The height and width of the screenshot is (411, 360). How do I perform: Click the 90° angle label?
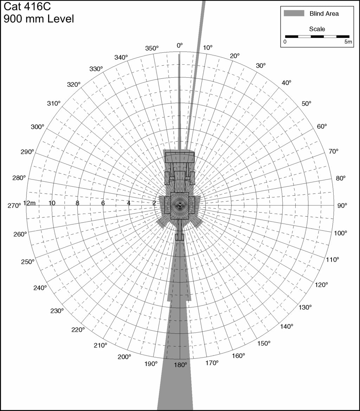[x=342, y=205]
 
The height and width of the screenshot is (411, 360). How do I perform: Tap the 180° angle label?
[x=180, y=365]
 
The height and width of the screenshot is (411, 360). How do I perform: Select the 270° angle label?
[x=14, y=205]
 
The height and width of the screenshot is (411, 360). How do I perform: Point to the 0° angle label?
[x=180, y=46]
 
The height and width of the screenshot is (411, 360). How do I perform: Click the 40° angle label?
[x=287, y=83]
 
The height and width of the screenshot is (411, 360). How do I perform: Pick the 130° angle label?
[x=305, y=307]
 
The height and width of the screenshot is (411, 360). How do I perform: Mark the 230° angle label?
[x=57, y=311]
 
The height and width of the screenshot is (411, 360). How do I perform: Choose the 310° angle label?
[x=54, y=103]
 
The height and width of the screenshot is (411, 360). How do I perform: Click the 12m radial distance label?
[x=30, y=203]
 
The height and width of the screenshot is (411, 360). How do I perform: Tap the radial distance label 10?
[x=52, y=203]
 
